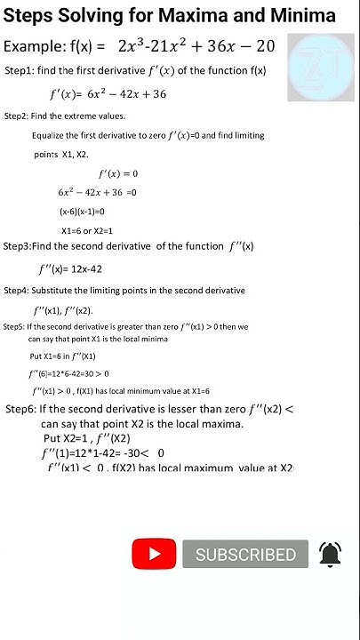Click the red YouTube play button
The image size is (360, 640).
pos(156,554)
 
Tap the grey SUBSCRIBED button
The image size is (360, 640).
pos(245,555)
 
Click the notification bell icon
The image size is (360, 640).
pos(331,554)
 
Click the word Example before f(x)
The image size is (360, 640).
pos(36,46)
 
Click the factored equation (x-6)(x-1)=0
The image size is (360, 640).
pos(83,212)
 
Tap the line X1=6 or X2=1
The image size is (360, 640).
pos(87,230)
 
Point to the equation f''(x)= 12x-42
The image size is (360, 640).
pos(76,269)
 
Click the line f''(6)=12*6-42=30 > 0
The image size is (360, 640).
pos(68,373)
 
